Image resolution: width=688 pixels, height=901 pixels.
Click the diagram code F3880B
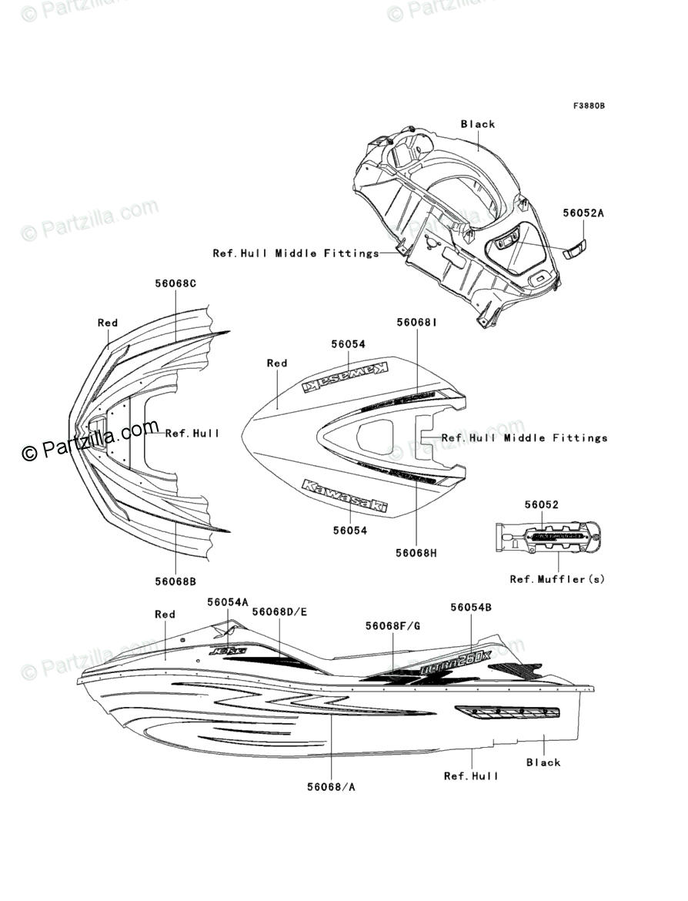click(x=588, y=106)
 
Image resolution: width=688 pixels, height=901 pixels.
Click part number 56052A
click(x=582, y=213)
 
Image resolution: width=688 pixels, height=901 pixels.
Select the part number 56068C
click(x=175, y=283)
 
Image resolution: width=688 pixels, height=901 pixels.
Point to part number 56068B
click(x=175, y=581)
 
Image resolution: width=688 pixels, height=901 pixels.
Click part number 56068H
click(x=416, y=553)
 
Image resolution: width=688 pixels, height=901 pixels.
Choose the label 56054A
click(x=228, y=601)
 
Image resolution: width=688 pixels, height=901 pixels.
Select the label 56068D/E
click(x=279, y=611)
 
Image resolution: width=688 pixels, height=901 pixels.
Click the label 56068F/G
click(x=392, y=626)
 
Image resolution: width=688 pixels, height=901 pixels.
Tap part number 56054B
click(x=471, y=607)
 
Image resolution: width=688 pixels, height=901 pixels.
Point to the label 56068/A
click(x=331, y=786)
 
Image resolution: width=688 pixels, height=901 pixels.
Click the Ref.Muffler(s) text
click(x=557, y=579)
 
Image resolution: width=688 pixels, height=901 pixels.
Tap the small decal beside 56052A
click(x=575, y=250)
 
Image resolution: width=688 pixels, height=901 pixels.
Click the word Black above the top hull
click(x=478, y=124)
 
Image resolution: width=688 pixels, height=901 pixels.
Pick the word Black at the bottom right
click(x=543, y=762)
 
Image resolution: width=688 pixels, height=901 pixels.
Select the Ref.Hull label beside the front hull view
click(x=192, y=434)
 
